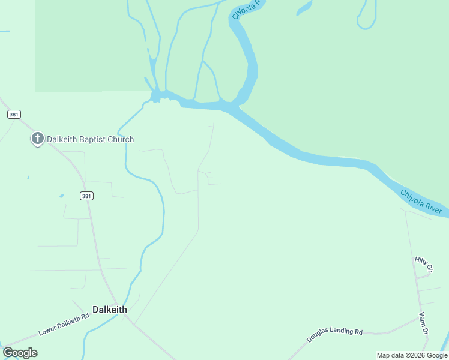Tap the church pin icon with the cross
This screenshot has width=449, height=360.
click(x=37, y=139)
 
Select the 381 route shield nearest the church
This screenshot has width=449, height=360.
click(x=14, y=114)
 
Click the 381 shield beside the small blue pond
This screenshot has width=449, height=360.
click(x=86, y=196)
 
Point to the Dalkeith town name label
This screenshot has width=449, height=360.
click(x=110, y=310)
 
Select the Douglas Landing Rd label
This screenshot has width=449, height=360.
click(x=334, y=335)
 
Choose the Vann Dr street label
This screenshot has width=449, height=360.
click(x=423, y=323)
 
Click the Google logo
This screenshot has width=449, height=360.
click(x=20, y=353)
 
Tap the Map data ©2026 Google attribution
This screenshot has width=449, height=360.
click(x=412, y=355)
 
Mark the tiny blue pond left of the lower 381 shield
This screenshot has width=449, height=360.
click(x=61, y=196)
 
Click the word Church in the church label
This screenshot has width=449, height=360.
click(x=122, y=139)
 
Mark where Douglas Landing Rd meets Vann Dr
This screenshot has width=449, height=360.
click(x=419, y=319)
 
